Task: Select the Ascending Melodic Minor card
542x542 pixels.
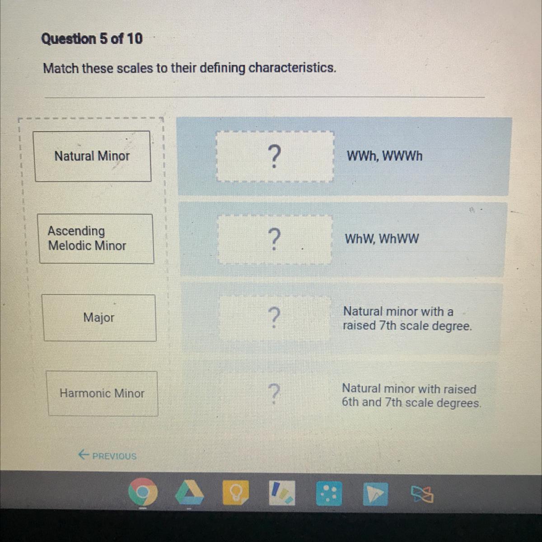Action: (x=96, y=239)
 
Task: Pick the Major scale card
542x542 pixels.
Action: (x=99, y=318)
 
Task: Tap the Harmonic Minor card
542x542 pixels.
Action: (x=103, y=393)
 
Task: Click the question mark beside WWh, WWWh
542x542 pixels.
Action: (x=274, y=156)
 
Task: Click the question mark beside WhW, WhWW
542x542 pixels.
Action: (x=274, y=239)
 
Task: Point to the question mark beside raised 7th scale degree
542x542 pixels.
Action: (x=274, y=318)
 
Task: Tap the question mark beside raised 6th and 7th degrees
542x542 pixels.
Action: (x=274, y=393)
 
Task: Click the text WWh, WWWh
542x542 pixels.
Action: (x=384, y=156)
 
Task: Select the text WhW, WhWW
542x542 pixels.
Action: (x=382, y=239)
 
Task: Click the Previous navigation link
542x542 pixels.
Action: (x=107, y=455)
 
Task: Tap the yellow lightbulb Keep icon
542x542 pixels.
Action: (x=236, y=493)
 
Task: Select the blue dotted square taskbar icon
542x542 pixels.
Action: (x=329, y=493)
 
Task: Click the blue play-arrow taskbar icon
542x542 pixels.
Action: (x=375, y=494)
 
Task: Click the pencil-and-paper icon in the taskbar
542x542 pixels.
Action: (x=282, y=493)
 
